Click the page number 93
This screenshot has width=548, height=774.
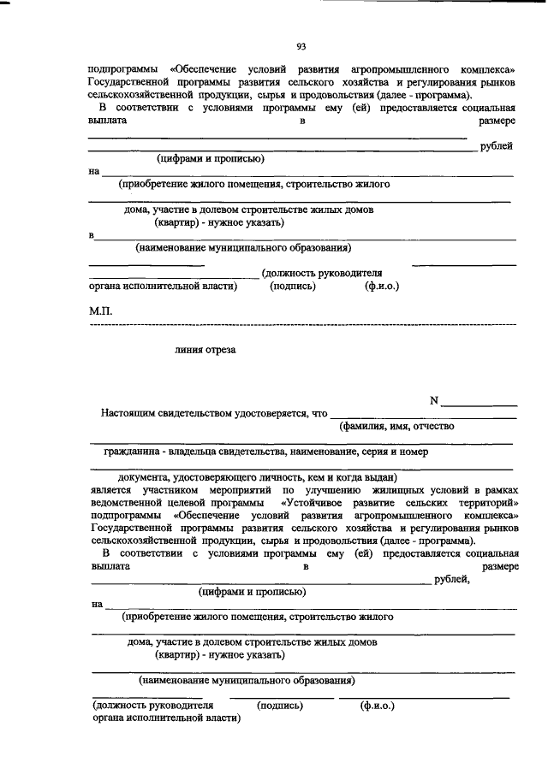pyautogui.click(x=301, y=45)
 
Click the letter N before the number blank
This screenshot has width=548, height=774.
pyautogui.click(x=434, y=399)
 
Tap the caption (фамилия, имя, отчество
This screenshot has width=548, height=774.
pyautogui.click(x=396, y=425)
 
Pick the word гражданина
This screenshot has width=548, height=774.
pyautogui.click(x=133, y=450)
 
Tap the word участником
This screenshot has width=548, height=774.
pyautogui.click(x=170, y=491)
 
